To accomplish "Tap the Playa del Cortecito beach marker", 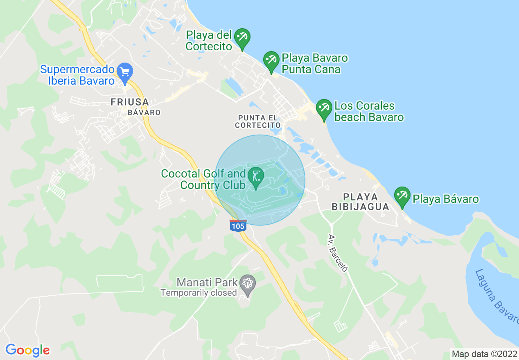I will [x=242, y=38].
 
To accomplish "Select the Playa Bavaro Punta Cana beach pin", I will [x=271, y=61].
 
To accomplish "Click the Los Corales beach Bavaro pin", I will [x=324, y=108].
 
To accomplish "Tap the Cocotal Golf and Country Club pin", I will [x=256, y=177].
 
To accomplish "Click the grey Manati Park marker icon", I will [x=247, y=283].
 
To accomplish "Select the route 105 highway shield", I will [x=238, y=226].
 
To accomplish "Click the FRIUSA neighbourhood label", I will [x=129, y=102].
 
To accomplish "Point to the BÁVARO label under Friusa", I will [x=144, y=112].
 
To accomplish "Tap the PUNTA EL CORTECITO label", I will [x=258, y=121].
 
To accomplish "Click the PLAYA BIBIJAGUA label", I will [x=361, y=202].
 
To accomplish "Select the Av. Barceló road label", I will [x=338, y=253].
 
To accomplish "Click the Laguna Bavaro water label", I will [x=496, y=295].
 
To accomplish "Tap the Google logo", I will [x=27, y=350].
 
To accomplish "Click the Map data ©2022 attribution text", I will [x=483, y=353].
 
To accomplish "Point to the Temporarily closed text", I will [x=199, y=292].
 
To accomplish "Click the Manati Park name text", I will [x=207, y=282].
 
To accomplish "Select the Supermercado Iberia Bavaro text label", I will [x=77, y=74].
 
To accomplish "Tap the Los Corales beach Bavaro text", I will [x=369, y=112].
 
